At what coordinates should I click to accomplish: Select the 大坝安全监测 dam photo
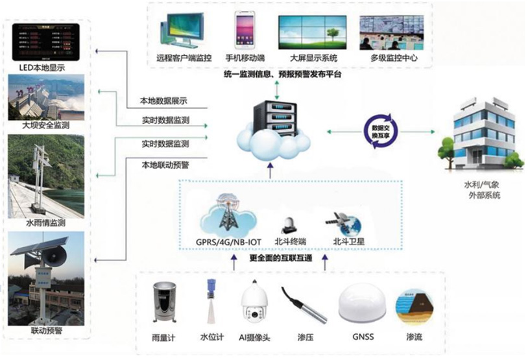pyautogui.click(x=45, y=96)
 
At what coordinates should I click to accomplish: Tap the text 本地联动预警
pyautogui.click(x=165, y=165)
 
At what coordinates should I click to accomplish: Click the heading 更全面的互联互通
pyautogui.click(x=281, y=258)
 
